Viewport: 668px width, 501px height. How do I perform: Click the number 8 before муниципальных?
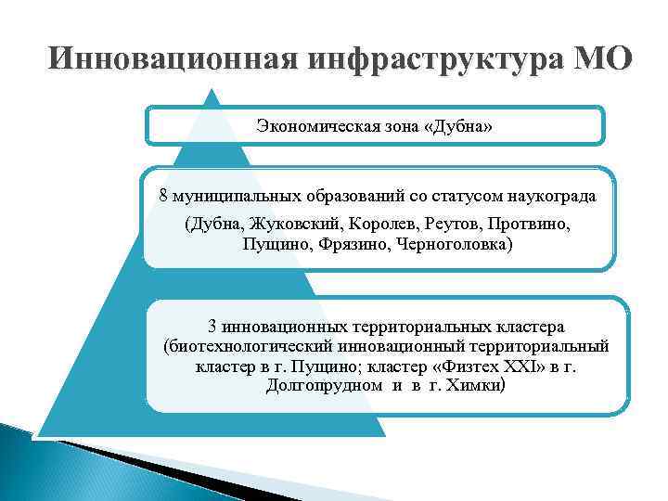[164, 197]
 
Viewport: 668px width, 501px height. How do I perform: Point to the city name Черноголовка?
[453, 245]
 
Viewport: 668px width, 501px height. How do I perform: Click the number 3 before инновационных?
[212, 327]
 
